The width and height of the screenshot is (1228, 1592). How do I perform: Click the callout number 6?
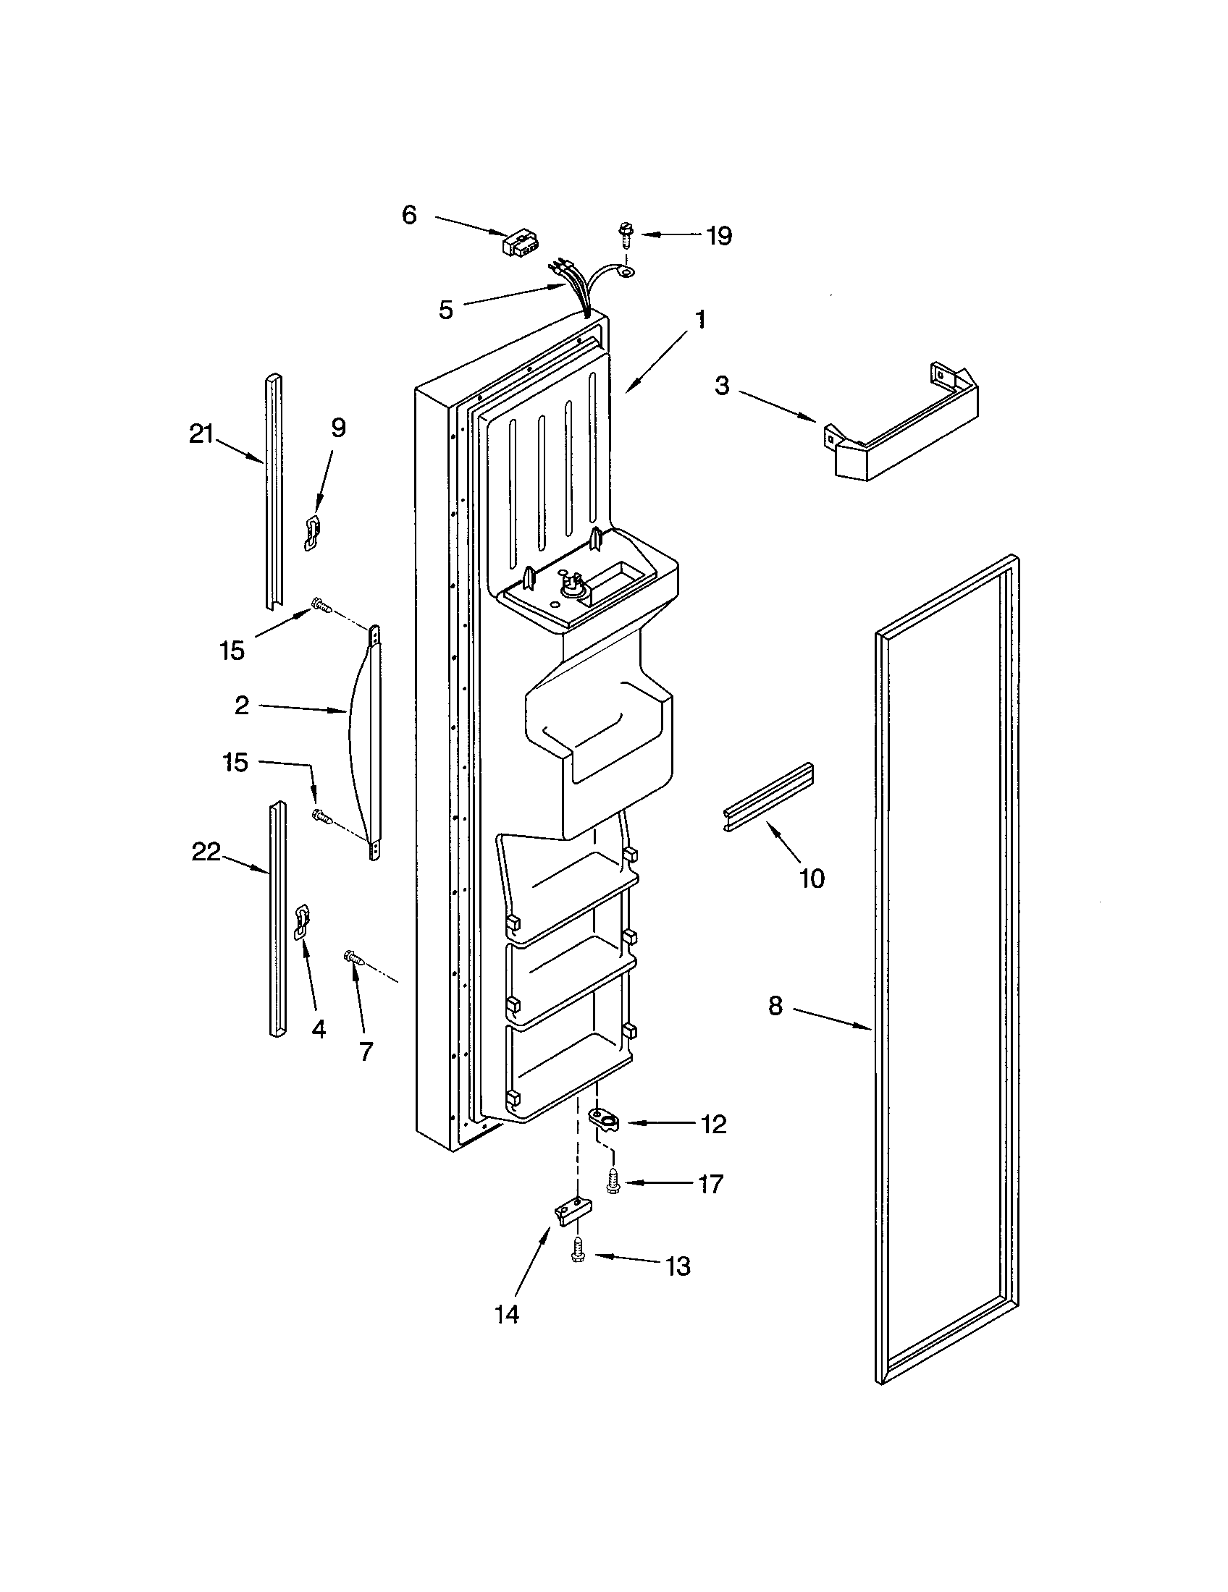pos(409,215)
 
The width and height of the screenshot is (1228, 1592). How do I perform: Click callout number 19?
pos(719,236)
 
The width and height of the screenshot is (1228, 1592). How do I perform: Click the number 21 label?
pos(201,434)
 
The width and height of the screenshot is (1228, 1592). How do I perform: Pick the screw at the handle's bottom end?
pos(321,816)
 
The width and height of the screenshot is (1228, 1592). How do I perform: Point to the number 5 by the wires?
pos(445,310)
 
